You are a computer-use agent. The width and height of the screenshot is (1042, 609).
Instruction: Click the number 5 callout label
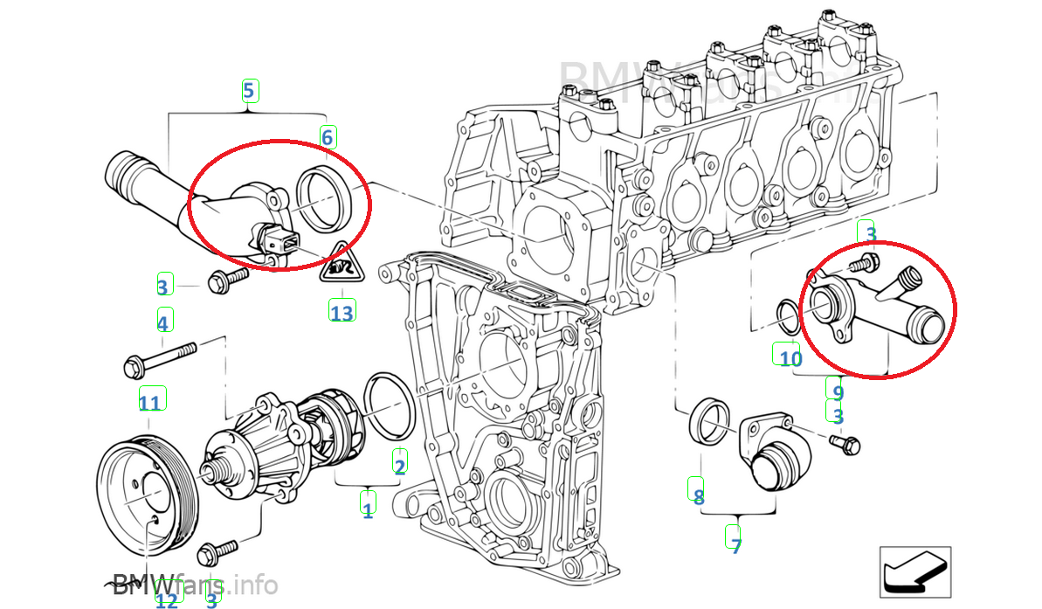click(249, 90)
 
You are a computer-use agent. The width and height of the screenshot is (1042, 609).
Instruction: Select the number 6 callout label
click(327, 137)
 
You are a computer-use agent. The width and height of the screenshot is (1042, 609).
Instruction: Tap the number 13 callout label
click(342, 311)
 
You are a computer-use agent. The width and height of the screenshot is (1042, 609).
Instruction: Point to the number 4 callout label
click(162, 322)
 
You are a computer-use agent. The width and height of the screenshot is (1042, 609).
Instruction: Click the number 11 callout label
click(150, 402)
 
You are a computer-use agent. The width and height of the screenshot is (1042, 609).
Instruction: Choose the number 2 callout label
click(399, 466)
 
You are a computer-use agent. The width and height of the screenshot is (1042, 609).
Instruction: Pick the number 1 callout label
click(368, 510)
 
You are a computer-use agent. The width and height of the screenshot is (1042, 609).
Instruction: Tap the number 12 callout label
click(166, 600)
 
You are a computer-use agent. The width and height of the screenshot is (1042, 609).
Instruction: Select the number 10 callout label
click(790, 358)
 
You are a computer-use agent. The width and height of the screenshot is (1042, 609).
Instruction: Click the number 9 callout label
click(837, 392)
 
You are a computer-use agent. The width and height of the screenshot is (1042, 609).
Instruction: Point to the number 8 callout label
click(698, 497)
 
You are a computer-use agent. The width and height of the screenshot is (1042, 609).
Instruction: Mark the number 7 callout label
click(736, 547)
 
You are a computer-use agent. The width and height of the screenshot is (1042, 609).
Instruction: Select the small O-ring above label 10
click(786, 316)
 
